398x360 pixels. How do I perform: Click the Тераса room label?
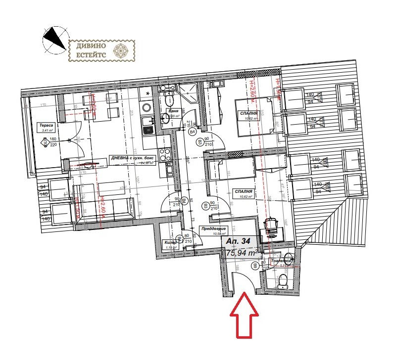coord(47,126)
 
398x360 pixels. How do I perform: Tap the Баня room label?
coord(173,112)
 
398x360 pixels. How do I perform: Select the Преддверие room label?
coord(213,229)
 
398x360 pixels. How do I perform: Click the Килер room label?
coord(170,242)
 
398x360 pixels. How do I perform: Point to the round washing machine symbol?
coord(147,107)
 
